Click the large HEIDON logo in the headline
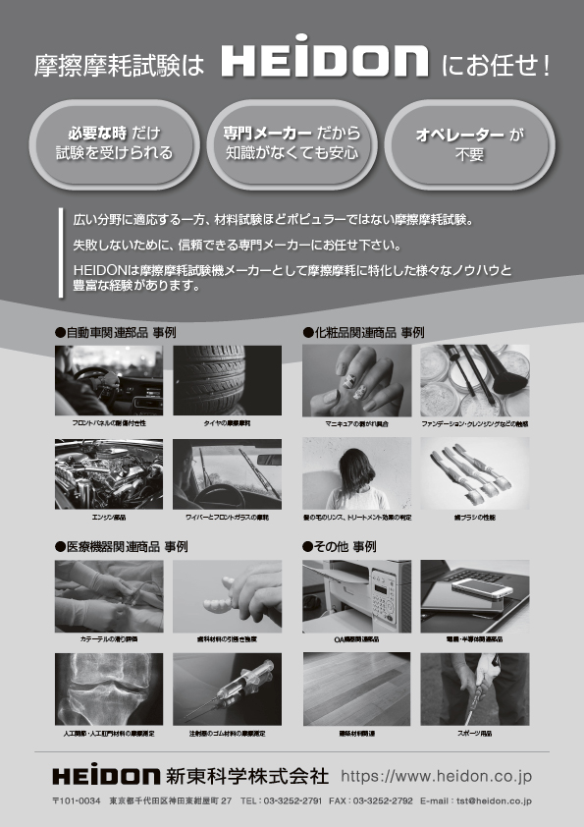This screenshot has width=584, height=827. click(324, 64)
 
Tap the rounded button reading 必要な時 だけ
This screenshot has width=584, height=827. click(114, 143)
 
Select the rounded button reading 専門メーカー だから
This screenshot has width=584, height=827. click(292, 143)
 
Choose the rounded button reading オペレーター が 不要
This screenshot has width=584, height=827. click(469, 143)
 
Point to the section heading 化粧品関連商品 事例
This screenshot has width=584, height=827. click(368, 333)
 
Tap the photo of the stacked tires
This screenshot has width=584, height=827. click(227, 380)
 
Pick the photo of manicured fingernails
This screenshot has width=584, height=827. click(356, 380)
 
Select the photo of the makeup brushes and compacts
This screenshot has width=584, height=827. click(475, 380)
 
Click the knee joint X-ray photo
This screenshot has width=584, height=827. click(108, 688)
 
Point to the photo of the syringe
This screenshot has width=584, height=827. click(227, 688)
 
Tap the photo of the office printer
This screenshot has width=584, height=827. click(356, 594)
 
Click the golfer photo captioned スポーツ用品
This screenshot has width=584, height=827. click(475, 688)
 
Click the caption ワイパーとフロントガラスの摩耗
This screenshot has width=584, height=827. click(227, 516)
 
